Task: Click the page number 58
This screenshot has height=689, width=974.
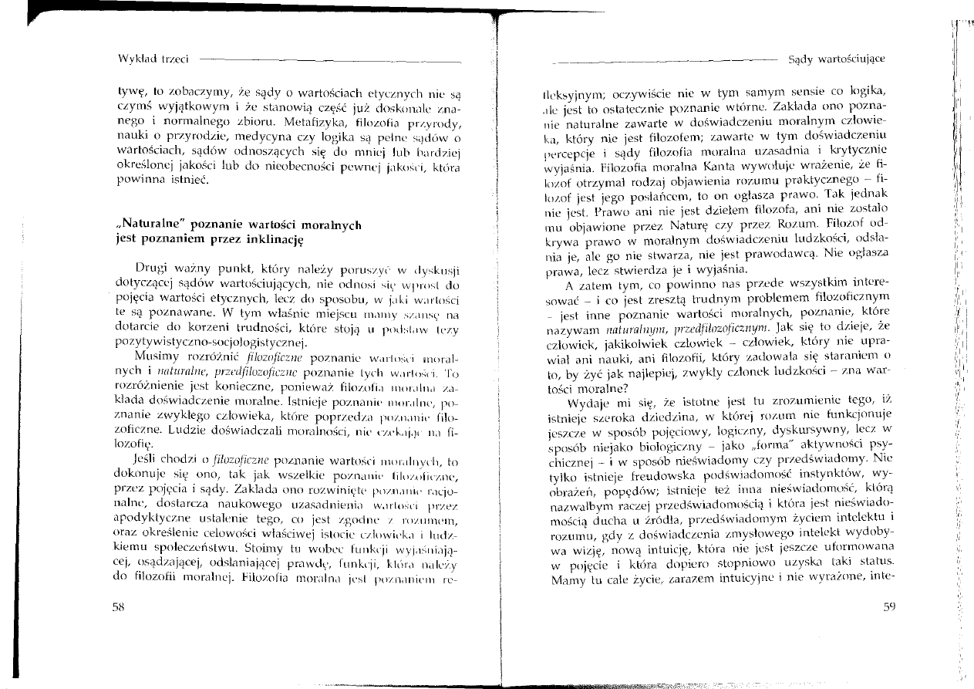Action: click(x=119, y=607)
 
